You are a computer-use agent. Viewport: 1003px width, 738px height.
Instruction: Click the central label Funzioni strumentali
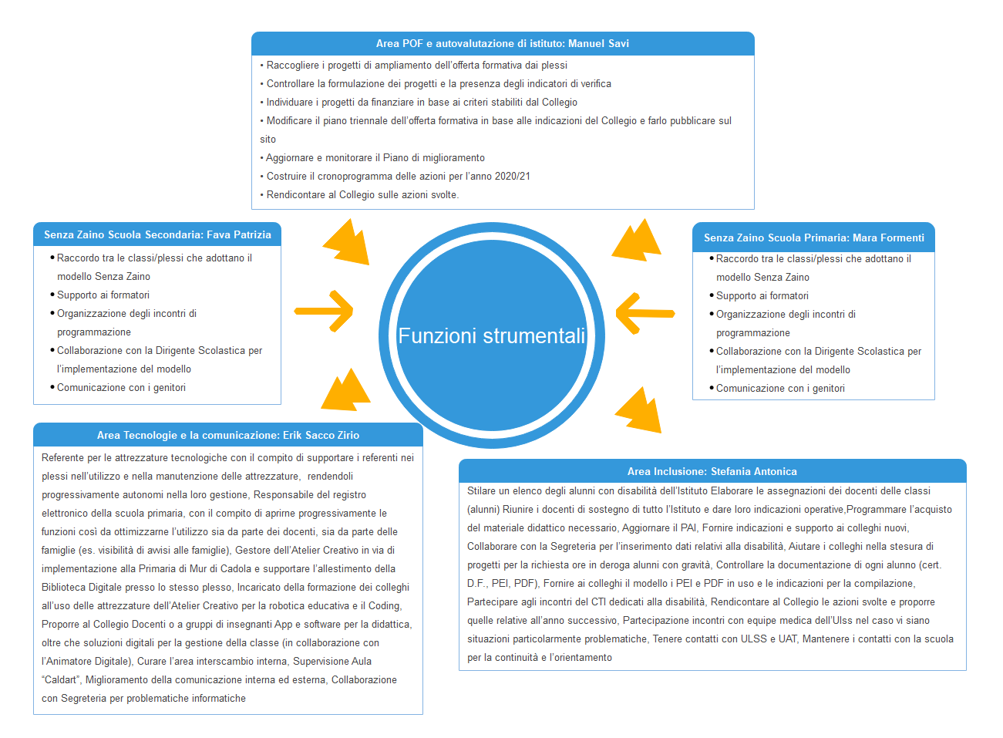point(491,336)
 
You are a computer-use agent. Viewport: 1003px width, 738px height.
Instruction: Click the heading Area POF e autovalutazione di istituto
point(470,44)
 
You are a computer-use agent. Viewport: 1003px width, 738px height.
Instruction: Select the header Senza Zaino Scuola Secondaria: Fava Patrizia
point(157,234)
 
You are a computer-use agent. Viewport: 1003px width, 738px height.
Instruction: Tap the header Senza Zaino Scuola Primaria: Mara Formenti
point(813,238)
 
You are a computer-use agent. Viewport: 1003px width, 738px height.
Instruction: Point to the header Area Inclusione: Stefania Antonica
point(712,471)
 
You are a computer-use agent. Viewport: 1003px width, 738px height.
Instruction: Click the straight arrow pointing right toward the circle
point(324,312)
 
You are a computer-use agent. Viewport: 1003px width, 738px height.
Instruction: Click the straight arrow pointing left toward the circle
point(645,313)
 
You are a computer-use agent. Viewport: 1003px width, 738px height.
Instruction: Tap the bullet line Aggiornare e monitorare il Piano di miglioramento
point(375,157)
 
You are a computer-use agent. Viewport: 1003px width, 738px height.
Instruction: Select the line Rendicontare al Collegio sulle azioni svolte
point(362,194)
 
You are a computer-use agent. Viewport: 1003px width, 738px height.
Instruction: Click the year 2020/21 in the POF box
point(512,176)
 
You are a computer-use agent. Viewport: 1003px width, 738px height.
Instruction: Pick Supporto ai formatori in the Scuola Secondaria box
point(103,295)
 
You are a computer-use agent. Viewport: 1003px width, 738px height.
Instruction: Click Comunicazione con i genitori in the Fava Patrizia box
point(121,387)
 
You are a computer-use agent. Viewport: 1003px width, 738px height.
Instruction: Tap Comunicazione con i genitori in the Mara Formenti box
point(780,388)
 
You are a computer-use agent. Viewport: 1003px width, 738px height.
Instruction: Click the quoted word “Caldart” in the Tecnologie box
point(61,679)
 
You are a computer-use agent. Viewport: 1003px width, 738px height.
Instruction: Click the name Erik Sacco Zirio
point(321,435)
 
